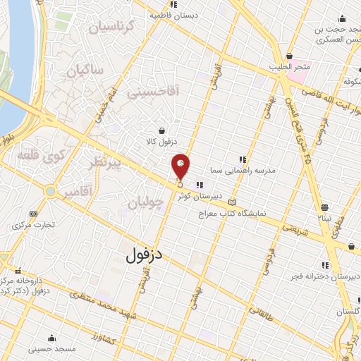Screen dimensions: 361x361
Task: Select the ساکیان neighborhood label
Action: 85,71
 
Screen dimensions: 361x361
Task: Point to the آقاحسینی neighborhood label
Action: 154,91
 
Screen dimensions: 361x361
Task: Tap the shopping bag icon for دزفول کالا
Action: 163,130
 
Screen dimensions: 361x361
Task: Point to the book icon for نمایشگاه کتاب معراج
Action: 233,202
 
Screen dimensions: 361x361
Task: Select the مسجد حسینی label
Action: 51,348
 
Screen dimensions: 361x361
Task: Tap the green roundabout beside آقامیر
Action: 50,191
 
